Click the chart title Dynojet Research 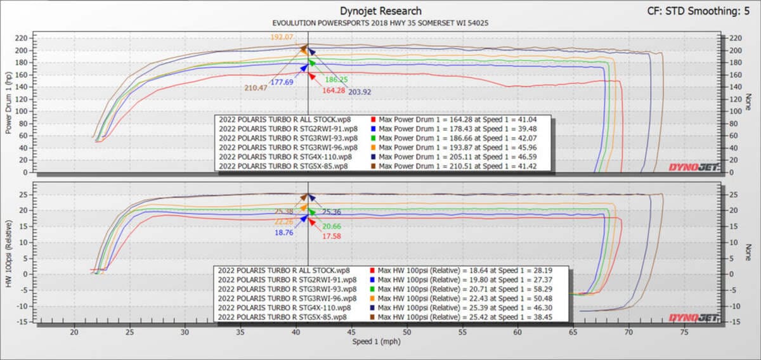click(380, 11)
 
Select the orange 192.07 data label click(282, 37)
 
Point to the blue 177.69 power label click(282, 82)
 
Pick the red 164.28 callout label click(333, 91)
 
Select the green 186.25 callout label click(337, 80)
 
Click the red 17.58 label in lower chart click(332, 236)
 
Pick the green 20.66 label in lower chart click(332, 226)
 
